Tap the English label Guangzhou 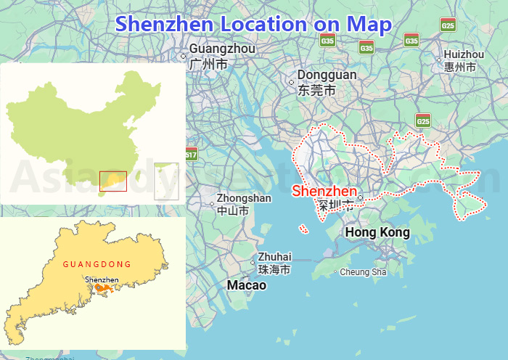click(222, 49)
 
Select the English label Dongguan click(327, 75)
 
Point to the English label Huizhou click(463, 54)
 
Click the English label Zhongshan click(244, 198)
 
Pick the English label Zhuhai click(274, 256)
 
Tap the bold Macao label click(247, 285)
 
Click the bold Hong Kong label click(377, 232)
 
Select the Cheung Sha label click(363, 272)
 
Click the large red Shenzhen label click(324, 192)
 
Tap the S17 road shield click(191, 154)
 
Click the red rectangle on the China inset click(112, 181)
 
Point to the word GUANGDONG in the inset click(97, 264)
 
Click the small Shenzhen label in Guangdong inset click(102, 279)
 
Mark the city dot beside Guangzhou click(183, 56)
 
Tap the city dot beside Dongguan click(292, 82)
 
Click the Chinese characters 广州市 click(208, 64)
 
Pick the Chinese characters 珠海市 click(274, 269)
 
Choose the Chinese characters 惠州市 click(460, 67)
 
